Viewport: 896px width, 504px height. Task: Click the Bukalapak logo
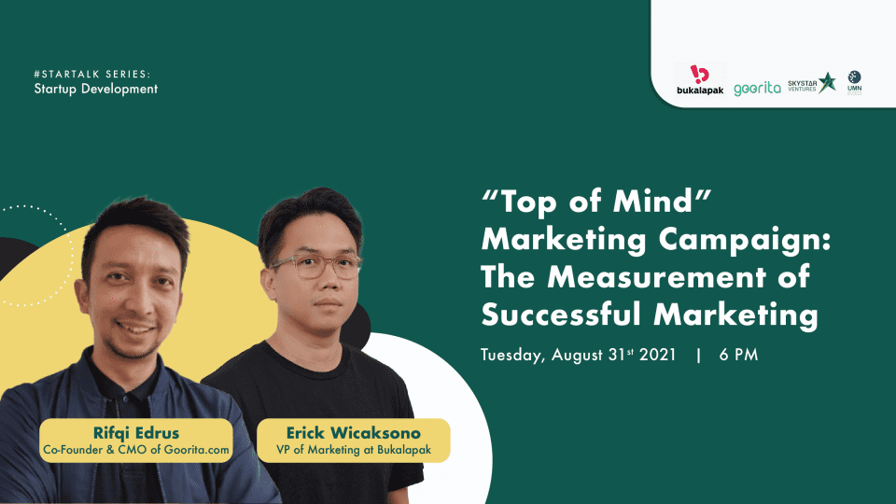699,80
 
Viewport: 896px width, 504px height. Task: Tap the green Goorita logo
757,89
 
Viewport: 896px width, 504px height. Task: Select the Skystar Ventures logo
811,84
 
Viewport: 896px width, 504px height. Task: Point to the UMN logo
854,83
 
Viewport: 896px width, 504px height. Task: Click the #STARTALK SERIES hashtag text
92,75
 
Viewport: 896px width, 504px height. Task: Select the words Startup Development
95,90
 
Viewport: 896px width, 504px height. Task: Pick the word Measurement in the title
656,277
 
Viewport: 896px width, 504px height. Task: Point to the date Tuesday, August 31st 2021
579,355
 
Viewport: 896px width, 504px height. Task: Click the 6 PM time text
738,355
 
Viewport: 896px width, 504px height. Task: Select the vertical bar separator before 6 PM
698,355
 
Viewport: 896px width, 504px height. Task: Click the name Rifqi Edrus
136,432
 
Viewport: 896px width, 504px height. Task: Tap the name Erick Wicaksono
353,432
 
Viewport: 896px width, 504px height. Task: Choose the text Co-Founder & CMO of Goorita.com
136,450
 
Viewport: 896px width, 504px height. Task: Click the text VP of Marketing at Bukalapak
354,450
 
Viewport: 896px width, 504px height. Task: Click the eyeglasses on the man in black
316,266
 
